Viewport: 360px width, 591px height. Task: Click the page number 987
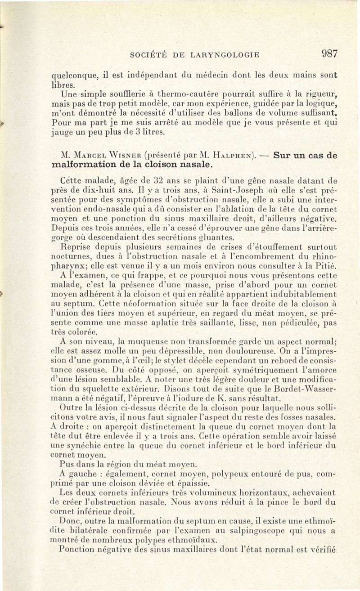[x=329, y=54]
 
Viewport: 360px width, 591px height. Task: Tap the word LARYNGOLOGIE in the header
[x=225, y=55]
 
